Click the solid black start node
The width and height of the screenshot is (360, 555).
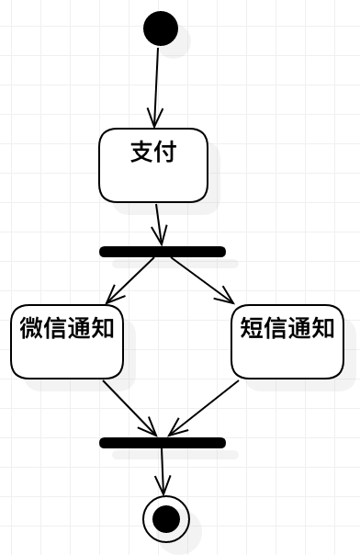pos(161,28)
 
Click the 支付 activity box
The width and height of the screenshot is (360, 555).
pos(153,165)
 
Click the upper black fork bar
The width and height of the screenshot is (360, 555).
pos(162,251)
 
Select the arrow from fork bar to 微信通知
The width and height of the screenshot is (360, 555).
pos(132,279)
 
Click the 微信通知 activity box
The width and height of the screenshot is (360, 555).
pos(67,344)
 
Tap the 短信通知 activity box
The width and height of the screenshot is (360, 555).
pos(287,344)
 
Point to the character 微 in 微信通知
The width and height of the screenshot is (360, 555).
pos(31,327)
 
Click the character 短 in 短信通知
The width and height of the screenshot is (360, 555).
pos(252,327)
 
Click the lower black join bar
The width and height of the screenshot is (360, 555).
pos(162,442)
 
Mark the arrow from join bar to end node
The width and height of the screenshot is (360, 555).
pos(163,470)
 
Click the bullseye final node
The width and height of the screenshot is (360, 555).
pos(166,519)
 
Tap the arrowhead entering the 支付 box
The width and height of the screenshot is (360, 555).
pos(156,118)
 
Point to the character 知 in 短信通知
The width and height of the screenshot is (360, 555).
pos(322,327)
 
